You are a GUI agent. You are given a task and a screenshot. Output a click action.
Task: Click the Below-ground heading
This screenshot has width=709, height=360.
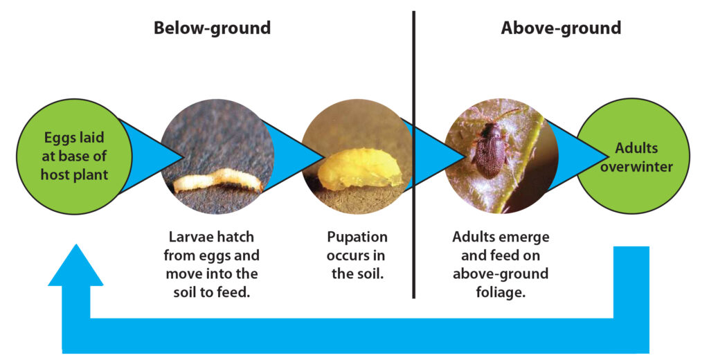pos(212,28)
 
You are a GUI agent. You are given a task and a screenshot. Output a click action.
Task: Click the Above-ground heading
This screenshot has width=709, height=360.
pos(561,28)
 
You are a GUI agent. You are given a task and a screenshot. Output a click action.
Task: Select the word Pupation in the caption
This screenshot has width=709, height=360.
pos(357,237)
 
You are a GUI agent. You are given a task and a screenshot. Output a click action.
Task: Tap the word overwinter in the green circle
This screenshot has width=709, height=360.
pos(636,167)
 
